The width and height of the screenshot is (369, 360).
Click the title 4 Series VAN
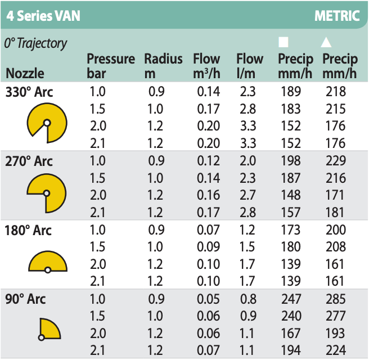pyautogui.click(x=43, y=15)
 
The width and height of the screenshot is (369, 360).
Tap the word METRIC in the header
pyautogui.click(x=337, y=15)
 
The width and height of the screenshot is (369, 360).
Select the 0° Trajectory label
pyautogui.click(x=35, y=43)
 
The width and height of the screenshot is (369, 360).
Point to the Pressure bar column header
pyautogui.click(x=111, y=66)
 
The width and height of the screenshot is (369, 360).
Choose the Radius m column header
pyautogui.click(x=163, y=66)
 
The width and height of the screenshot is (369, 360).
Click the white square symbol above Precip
pyautogui.click(x=284, y=42)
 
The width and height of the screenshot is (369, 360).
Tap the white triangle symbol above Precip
pyautogui.click(x=326, y=42)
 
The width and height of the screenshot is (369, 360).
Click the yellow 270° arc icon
pyautogui.click(x=47, y=192)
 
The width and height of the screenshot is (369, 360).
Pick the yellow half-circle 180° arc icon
pyautogui.click(x=48, y=262)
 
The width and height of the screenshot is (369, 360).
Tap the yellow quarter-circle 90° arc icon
pyautogui.click(x=48, y=329)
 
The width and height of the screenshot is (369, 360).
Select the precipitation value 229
pyautogui.click(x=335, y=161)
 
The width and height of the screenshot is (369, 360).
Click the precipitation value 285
pyautogui.click(x=335, y=300)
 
